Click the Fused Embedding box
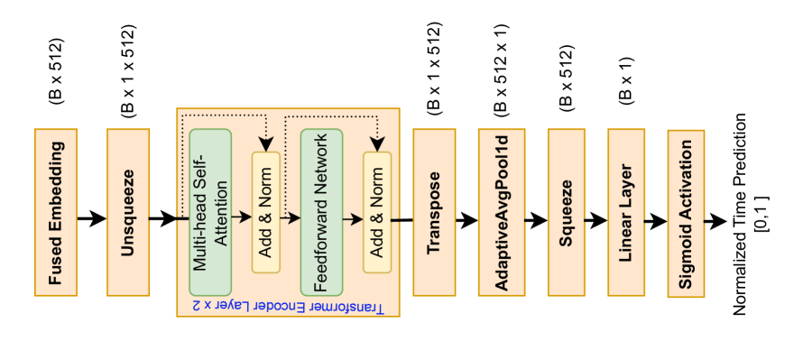pos(56,212)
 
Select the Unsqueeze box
pos(128,212)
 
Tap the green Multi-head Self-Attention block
pos(210,212)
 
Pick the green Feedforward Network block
pos(321,212)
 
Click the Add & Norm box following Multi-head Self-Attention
pos(266,212)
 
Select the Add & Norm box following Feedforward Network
pos(377,212)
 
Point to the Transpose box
pos(434,212)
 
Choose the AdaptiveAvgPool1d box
pos(502,212)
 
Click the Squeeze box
pos(568,212)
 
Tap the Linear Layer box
pos(627,212)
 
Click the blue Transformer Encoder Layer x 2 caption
pos(288,307)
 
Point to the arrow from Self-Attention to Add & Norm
pos(241,217)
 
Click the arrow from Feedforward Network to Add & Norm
pos(353,218)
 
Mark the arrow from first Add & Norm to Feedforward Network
pos(290,217)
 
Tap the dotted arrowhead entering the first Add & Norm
pos(265,144)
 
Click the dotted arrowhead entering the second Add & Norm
pos(377,144)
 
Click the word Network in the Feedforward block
pos(321,173)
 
